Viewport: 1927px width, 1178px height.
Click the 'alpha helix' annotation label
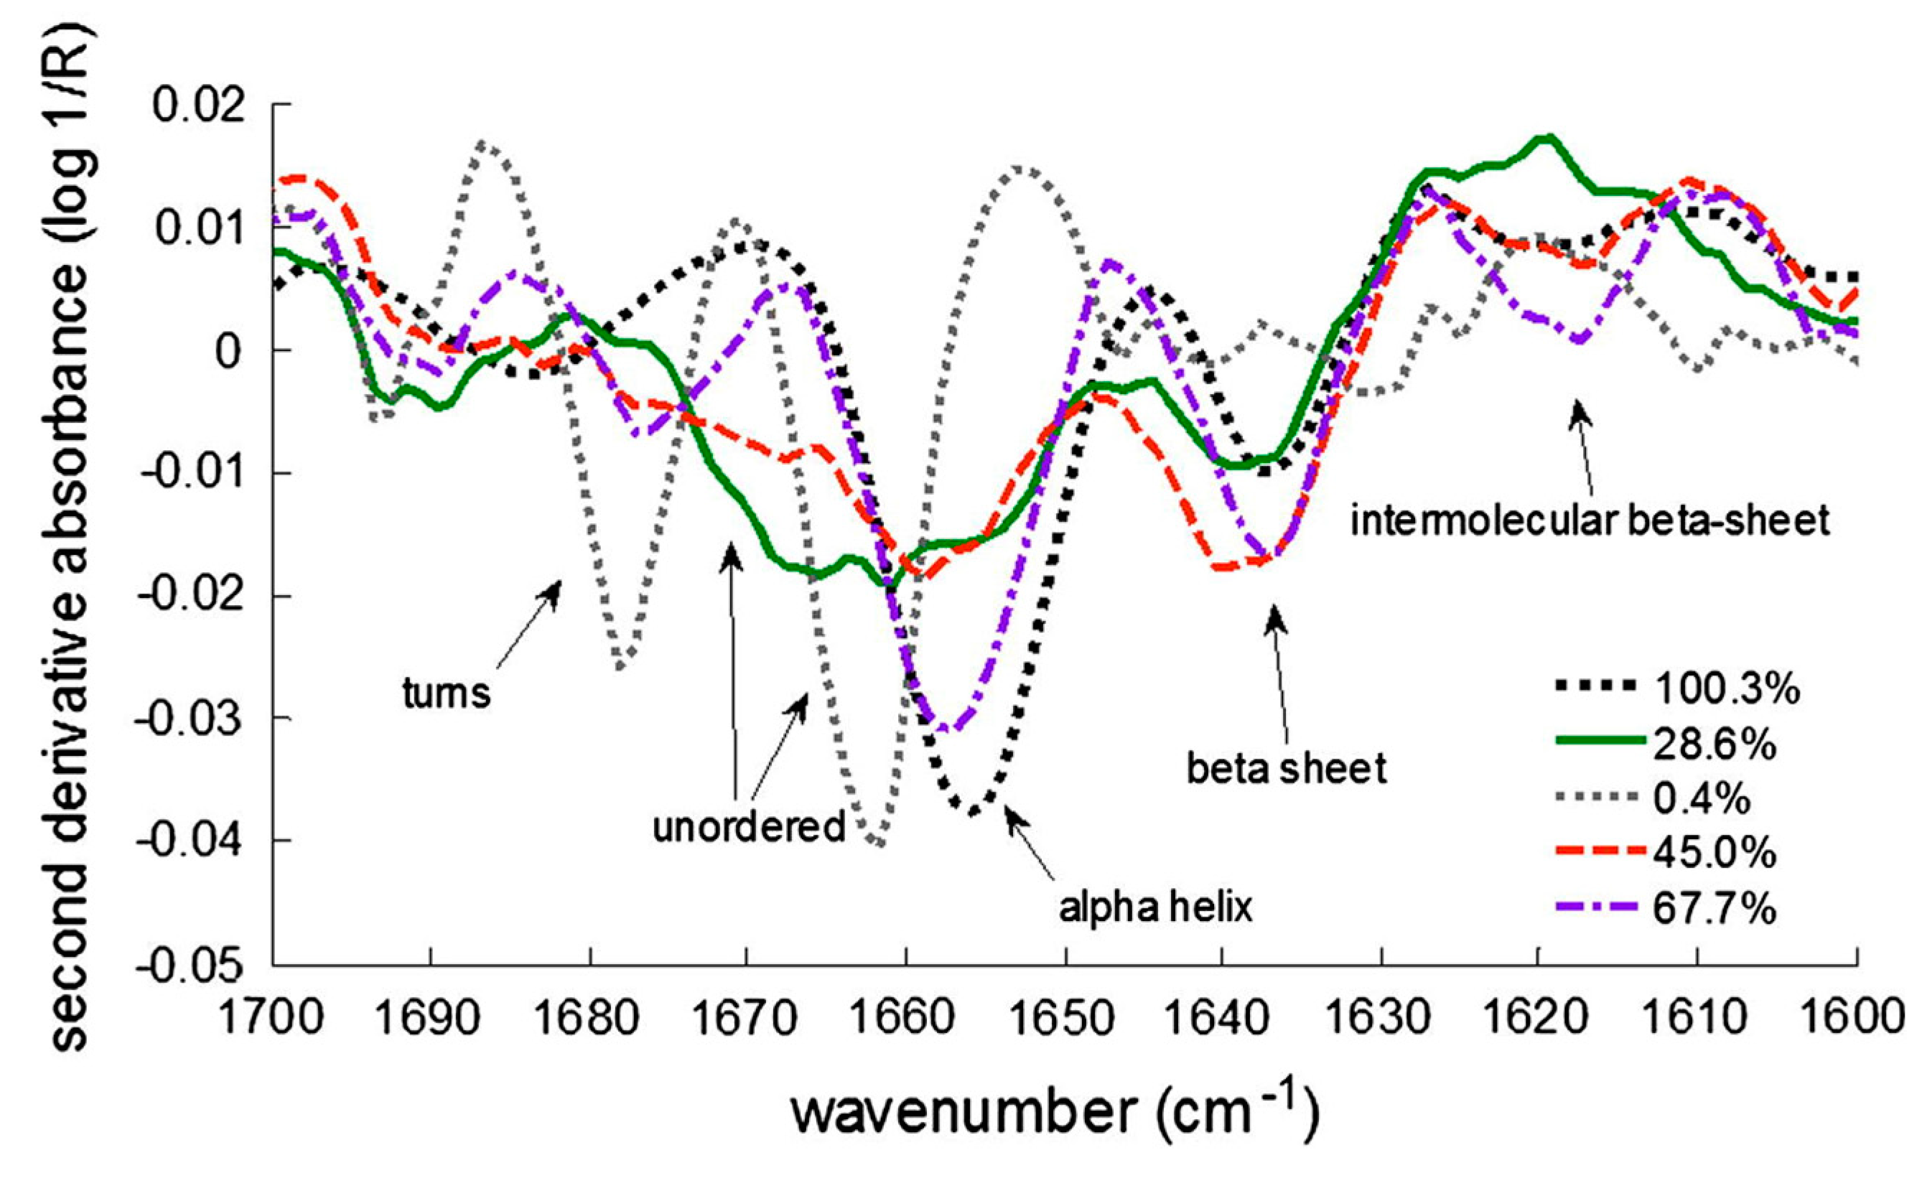[x=1155, y=907]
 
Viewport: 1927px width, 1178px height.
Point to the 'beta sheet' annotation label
[x=1287, y=768]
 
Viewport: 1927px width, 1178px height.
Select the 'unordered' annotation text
[x=748, y=827]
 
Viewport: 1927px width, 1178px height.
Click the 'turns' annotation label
[x=446, y=692]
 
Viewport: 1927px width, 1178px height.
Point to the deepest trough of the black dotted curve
[x=972, y=813]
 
